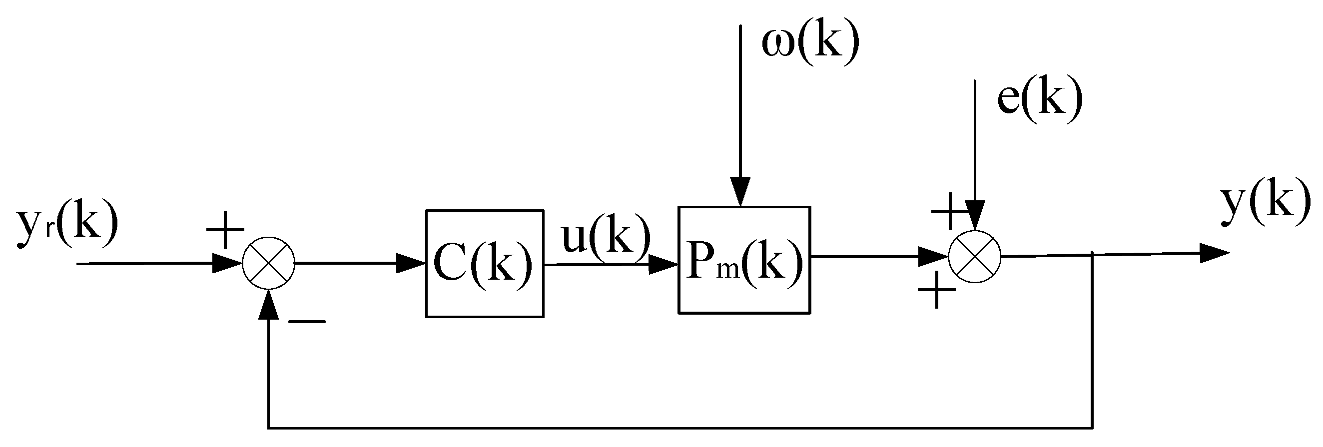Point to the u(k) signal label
[x=606, y=236]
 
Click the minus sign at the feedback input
[x=307, y=322]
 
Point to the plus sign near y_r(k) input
[x=225, y=230]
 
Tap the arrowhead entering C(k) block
[x=411, y=263]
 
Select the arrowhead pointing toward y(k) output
[x=1215, y=253]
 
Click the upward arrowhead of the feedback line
[x=269, y=304]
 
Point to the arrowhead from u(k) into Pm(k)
[x=663, y=265]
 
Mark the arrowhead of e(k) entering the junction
[x=974, y=216]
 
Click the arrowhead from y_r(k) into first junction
[x=228, y=263]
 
